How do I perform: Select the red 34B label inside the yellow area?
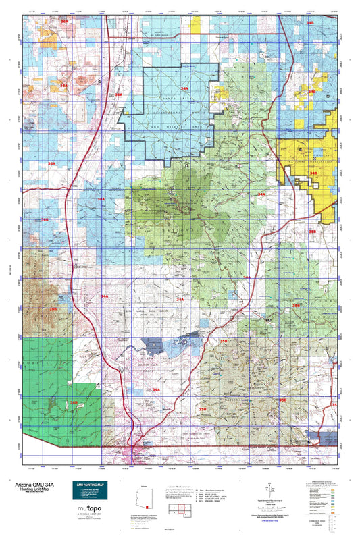tap(313, 173)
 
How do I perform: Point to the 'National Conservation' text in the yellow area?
tap(310, 161)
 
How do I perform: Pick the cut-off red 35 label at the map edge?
tap(333, 404)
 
